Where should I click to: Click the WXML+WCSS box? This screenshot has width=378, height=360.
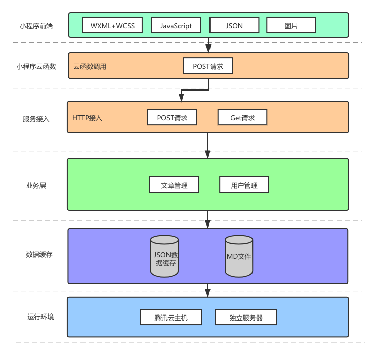click(112, 25)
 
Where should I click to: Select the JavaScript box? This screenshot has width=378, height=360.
click(176, 25)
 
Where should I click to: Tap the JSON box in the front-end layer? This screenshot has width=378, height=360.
click(234, 25)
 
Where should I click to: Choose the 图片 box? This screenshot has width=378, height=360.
click(291, 25)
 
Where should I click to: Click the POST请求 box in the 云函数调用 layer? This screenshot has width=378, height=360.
click(207, 66)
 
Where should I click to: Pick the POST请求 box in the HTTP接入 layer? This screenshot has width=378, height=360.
click(172, 118)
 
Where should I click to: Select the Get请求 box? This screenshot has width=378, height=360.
click(242, 118)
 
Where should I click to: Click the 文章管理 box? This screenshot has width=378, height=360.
click(174, 185)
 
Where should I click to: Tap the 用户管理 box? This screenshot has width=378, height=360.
click(244, 185)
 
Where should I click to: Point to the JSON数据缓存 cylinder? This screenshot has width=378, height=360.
click(164, 256)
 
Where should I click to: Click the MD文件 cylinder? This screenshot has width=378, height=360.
click(239, 256)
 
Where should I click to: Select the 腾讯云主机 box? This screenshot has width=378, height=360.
click(171, 318)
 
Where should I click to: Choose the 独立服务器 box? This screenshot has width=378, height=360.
click(246, 318)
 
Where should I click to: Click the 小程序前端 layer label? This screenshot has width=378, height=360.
click(34, 25)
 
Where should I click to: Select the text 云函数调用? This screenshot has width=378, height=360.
click(90, 66)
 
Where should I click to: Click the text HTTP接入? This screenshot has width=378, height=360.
click(88, 118)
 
